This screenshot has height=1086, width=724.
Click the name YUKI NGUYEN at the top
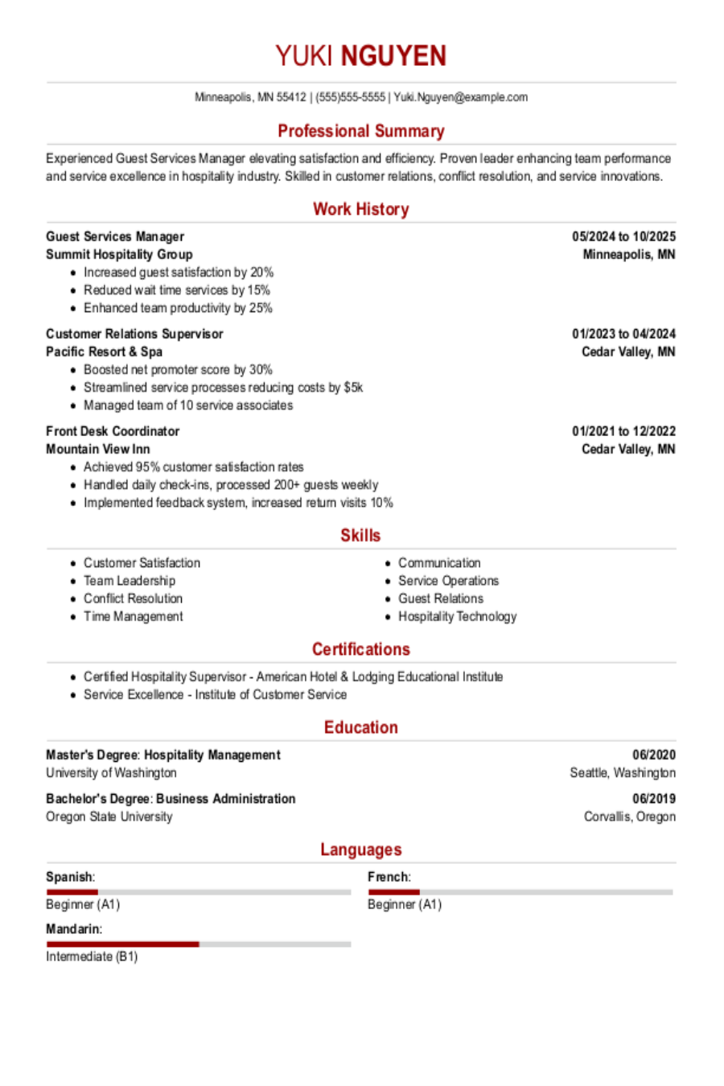pos(360,56)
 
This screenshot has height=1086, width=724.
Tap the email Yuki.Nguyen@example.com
pos(460,97)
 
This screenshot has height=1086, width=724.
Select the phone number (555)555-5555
pos(350,97)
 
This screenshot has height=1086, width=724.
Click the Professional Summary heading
pos(360,131)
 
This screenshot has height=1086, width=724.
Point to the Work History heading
pos(360,209)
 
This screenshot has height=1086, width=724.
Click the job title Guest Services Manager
pos(115,237)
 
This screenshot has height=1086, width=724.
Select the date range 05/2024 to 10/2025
pos(623,237)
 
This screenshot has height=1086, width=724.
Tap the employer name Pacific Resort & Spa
pos(104,352)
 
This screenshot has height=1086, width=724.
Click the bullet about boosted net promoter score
pos(178,369)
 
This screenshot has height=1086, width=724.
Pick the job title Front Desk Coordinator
pos(113,431)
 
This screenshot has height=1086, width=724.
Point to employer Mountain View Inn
pos(97,449)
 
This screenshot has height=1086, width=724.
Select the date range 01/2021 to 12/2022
pos(623,431)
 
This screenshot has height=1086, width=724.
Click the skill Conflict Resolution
pos(133,599)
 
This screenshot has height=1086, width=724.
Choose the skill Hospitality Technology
pos(457,616)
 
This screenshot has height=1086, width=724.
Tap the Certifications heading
pos(360,649)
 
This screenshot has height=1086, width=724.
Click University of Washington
pos(111,772)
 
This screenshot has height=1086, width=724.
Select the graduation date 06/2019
pos(653,799)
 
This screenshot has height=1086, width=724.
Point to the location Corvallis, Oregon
pos(629,817)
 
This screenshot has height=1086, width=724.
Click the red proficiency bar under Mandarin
pos(122,944)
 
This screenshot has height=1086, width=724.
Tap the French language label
pos(389,877)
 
